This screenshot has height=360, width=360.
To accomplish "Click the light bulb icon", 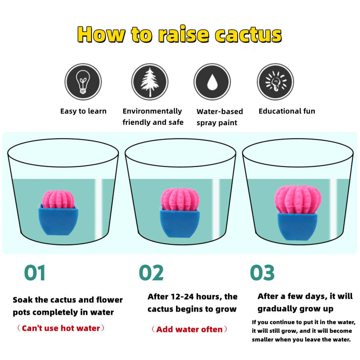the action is point(83,82).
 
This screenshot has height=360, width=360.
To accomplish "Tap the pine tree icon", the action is point(150,82).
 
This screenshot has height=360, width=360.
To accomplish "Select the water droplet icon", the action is point(212,82).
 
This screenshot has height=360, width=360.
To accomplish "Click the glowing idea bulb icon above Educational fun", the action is point(275,82).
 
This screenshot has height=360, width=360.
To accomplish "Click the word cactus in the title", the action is point(248,34).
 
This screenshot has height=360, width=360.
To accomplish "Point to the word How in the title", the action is point(101,34).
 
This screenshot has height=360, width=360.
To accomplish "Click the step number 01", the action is point(35,272).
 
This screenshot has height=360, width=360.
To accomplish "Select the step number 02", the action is point(151,272).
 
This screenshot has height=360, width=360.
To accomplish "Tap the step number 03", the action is point(262,272).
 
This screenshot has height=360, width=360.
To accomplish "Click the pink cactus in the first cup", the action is point(58,199).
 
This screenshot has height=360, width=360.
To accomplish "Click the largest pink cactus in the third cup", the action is point(298,199).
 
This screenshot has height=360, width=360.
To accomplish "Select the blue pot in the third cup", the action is point(298,226).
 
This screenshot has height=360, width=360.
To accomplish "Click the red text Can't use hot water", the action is point(61,328).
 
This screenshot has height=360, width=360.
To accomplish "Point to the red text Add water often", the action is point(190,329).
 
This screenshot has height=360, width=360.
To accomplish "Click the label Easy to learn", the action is point(83,111).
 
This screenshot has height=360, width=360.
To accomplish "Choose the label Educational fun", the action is point(287,111).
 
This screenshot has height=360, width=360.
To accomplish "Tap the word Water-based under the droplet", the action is point(220,112).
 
